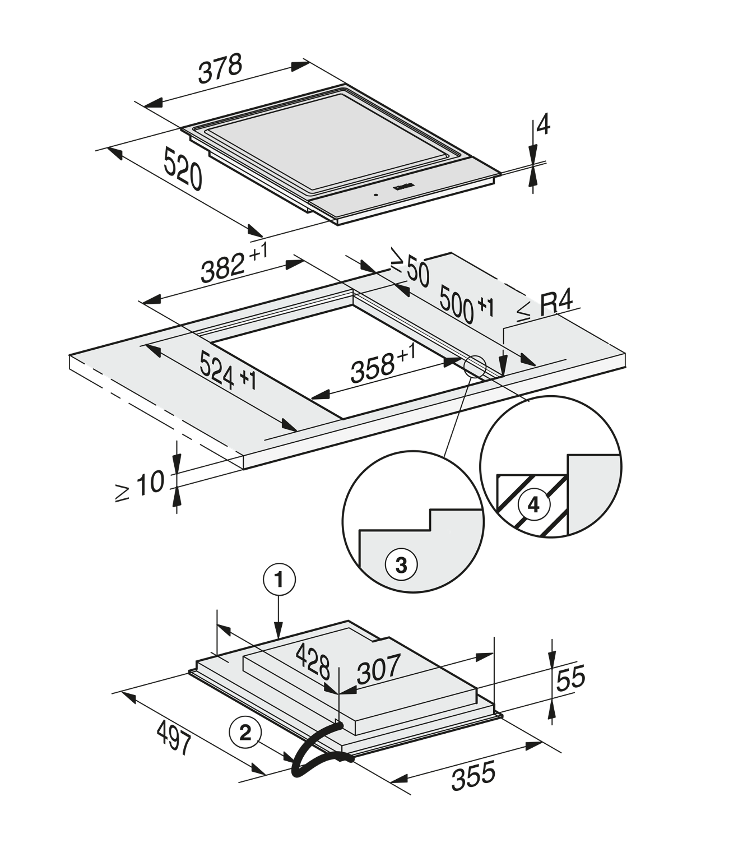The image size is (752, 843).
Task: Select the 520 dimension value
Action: [183, 169]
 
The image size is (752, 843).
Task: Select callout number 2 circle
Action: [245, 732]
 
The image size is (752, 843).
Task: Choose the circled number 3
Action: [401, 565]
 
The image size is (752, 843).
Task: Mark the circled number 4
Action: [533, 506]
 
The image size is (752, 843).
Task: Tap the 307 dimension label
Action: [379, 669]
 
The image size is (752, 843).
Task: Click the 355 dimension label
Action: [474, 775]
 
